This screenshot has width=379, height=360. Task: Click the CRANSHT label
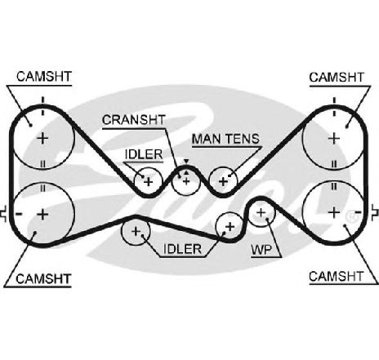coord(134,120)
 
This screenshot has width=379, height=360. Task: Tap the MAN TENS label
coord(225,139)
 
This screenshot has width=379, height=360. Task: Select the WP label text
coord(261,250)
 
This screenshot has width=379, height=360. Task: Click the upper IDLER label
coord(144,154)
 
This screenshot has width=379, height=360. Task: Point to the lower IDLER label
coord(182,249)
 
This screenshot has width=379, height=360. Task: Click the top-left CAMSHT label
coord(44,77)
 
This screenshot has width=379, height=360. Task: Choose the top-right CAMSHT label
coord(337,78)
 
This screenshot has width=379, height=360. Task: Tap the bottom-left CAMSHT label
coord(43,279)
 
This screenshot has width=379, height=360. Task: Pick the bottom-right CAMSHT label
coord(337,277)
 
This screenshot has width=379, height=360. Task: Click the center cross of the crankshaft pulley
coord(186,181)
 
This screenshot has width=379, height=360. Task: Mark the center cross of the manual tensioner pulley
coord(223,181)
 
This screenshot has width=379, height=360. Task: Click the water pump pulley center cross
coord(261,212)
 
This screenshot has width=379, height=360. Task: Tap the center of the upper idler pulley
coord(149,181)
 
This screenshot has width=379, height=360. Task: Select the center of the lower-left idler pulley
coord(136,232)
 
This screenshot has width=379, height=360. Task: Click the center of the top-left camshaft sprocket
coord(42,139)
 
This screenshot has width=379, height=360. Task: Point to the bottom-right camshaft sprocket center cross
coord(334,212)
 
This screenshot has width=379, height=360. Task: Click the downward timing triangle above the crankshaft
coord(186,162)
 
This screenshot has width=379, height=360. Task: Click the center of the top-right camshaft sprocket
coord(334,139)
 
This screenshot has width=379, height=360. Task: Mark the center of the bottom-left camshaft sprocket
coord(42,215)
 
